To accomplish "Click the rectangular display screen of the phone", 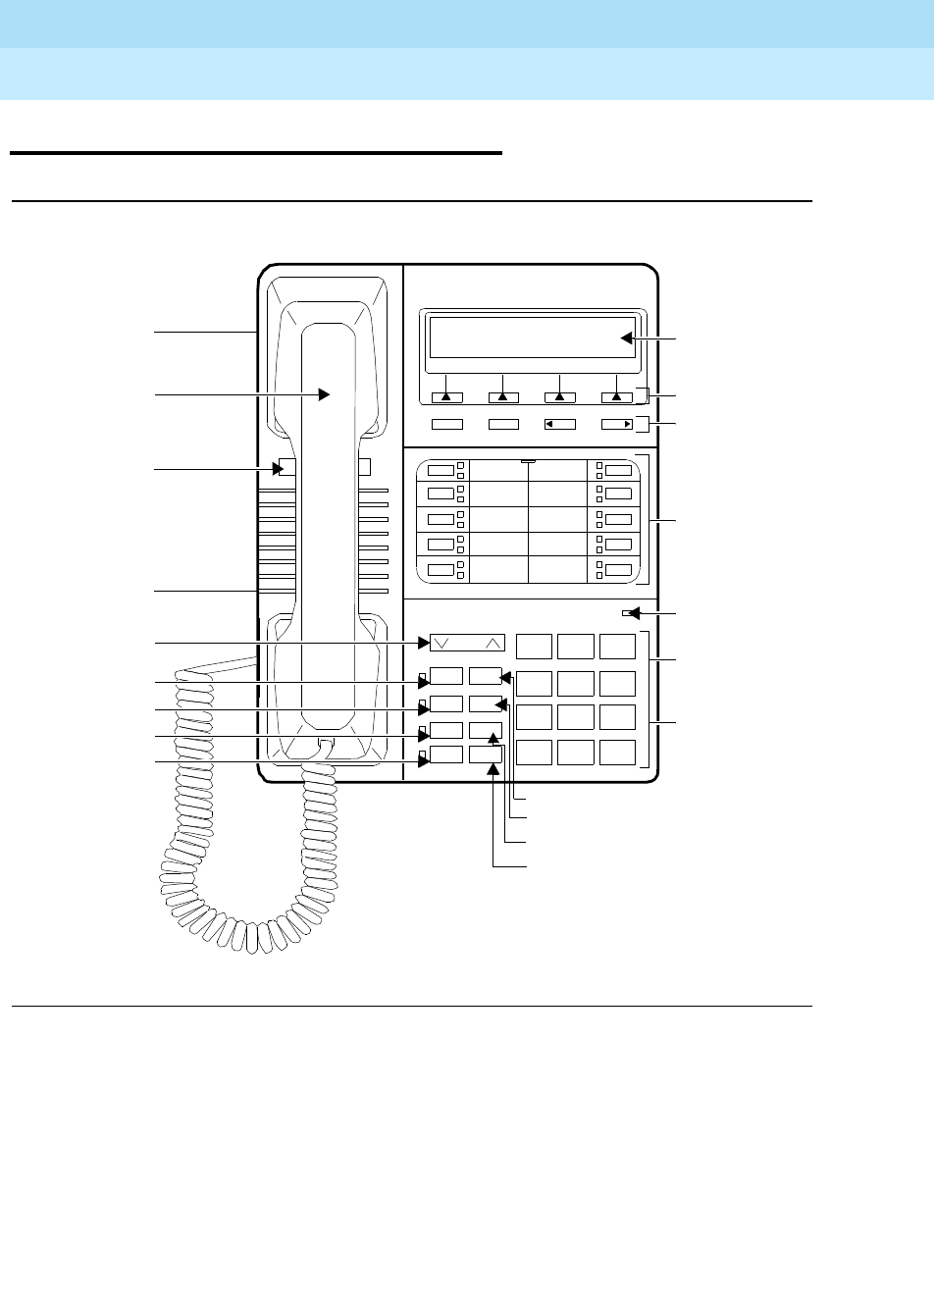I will [530, 338].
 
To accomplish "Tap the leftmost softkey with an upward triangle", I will [446, 397].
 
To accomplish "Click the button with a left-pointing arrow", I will [559, 425].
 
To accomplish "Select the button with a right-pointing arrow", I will [617, 425].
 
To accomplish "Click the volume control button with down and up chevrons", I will [467, 644].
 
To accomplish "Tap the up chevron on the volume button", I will [493, 644].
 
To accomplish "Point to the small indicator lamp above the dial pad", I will [626, 614].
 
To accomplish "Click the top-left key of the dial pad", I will [534, 646].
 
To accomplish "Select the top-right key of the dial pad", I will [618, 646].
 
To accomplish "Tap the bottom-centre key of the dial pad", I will [576, 753].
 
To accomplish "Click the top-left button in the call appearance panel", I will [441, 469].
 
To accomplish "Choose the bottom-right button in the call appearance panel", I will [618, 570].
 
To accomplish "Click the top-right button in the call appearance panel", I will [618, 469].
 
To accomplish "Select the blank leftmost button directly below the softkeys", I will [446, 425].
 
